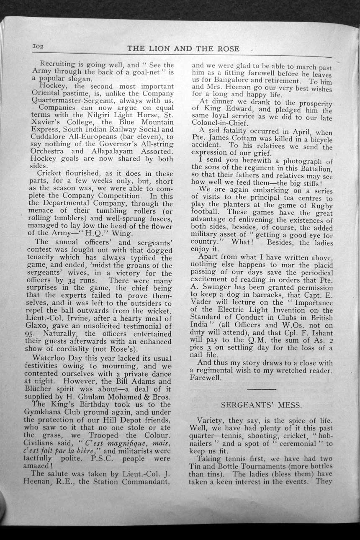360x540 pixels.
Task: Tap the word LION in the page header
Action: coord(159,49)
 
